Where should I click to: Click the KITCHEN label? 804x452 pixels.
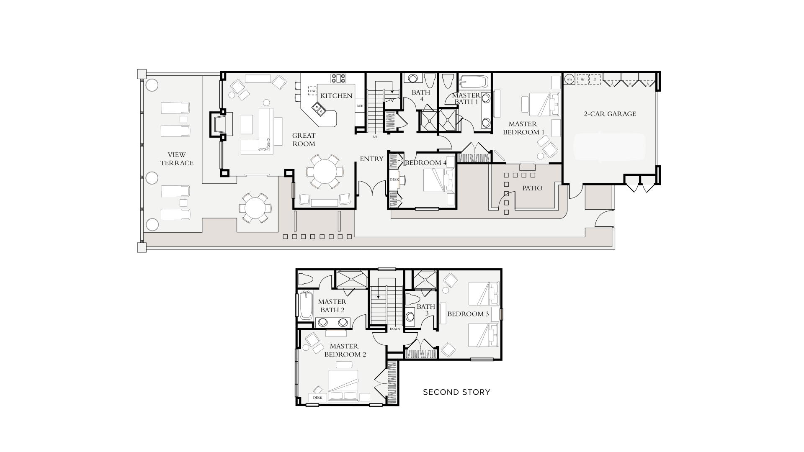pos(336,96)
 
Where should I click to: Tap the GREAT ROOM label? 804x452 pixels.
pos(304,140)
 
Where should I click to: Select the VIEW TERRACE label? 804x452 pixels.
pos(177,159)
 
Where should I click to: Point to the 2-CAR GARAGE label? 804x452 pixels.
pos(610,114)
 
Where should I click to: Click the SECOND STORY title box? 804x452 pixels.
pos(456,392)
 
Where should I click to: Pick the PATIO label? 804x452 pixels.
pos(532,188)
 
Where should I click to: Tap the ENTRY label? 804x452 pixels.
pos(371,159)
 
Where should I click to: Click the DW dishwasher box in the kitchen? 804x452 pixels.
pos(313,91)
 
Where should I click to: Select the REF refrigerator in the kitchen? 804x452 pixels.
pos(359,106)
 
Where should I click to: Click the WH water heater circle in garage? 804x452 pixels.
pos(569,79)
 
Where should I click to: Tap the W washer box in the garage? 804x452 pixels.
pos(582,79)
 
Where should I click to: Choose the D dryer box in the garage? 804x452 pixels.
pos(595,79)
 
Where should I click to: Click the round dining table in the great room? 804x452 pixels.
pos(325,171)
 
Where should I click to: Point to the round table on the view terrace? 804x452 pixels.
pos(254,208)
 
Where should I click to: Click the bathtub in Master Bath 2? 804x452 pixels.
pos(306,305)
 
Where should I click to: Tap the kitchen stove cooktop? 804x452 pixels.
pos(339,78)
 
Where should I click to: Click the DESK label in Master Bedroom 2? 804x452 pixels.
pos(317,398)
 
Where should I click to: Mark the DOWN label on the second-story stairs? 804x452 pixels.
pos(394,329)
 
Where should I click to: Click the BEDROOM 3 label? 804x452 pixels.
pos(468,314)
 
